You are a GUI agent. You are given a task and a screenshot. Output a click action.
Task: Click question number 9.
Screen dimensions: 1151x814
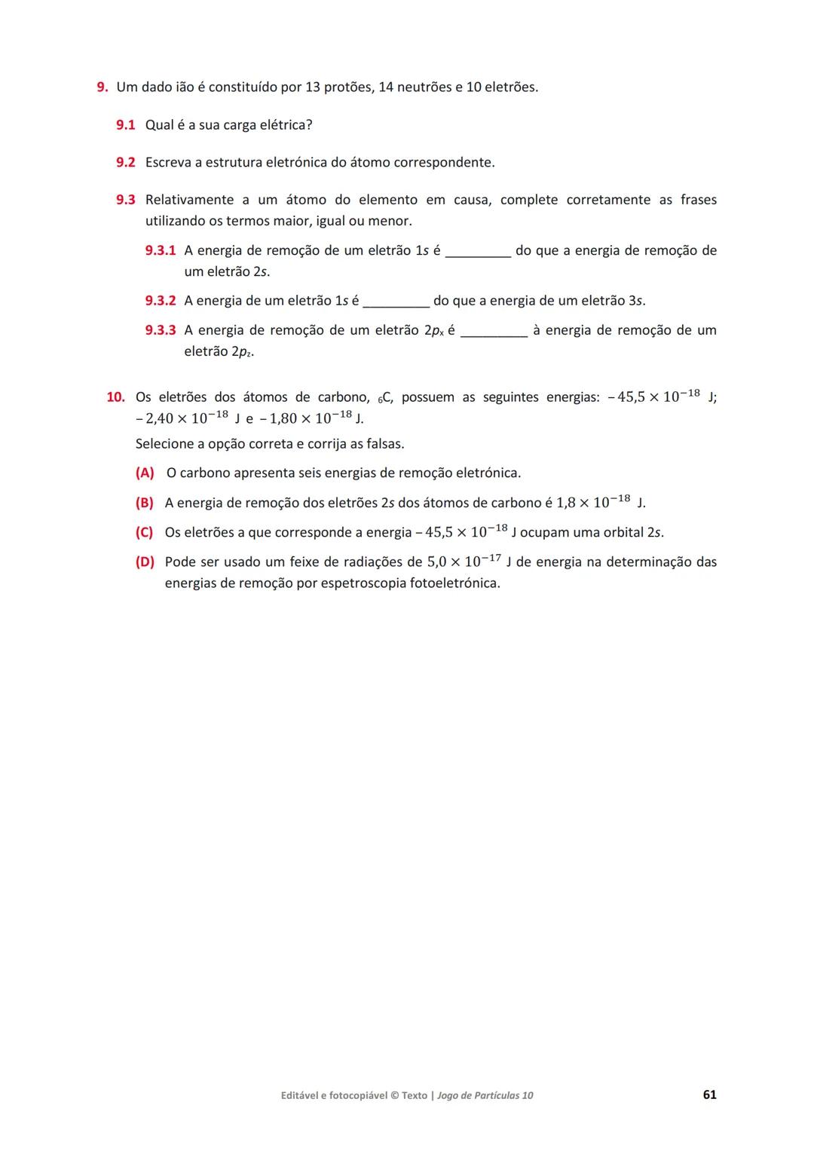103,87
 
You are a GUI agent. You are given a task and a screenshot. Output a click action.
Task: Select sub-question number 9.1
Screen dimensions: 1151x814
125,125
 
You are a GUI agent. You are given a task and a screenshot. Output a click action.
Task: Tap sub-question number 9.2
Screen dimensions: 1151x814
125,163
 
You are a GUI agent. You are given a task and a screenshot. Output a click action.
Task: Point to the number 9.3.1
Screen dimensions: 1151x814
160,251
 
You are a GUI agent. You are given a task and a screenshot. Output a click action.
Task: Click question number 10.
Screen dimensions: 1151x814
115,397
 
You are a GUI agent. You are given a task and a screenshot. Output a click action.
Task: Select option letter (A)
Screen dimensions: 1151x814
145,473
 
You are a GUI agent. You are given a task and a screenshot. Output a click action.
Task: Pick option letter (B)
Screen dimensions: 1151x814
144,503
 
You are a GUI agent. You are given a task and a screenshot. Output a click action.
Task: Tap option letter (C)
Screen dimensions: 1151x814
144,533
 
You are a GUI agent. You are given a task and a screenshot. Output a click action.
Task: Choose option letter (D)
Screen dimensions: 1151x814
145,562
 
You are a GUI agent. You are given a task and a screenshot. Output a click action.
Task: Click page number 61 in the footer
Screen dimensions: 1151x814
709,1094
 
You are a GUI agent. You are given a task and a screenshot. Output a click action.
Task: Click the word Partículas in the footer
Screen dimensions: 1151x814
495,1095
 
